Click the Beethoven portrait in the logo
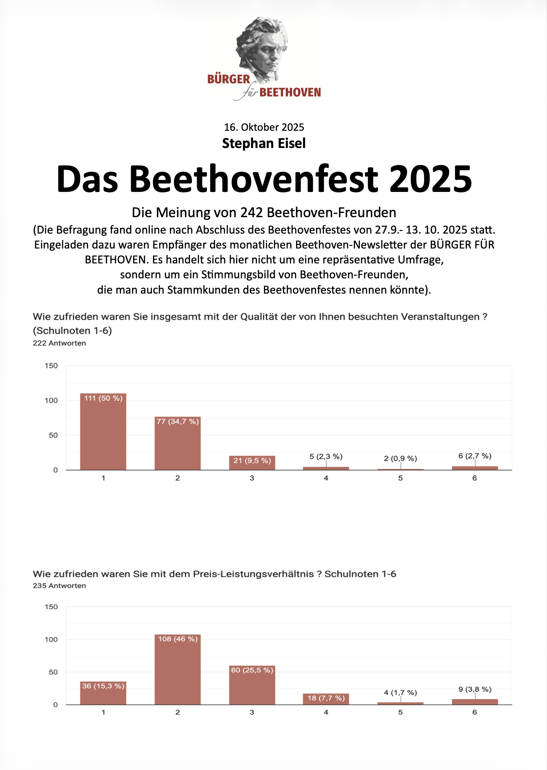tap(262, 48)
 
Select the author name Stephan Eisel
tap(264, 143)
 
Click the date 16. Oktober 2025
tap(264, 127)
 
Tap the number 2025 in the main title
tap(431, 179)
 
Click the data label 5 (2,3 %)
tap(326, 456)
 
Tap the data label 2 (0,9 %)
tap(400, 458)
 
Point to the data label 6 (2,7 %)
tap(475, 456)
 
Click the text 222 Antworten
tap(59, 343)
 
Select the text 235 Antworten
tap(59, 585)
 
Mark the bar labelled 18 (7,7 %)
tap(326, 699)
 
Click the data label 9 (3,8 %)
tap(475, 689)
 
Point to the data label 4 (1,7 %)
tap(400, 692)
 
